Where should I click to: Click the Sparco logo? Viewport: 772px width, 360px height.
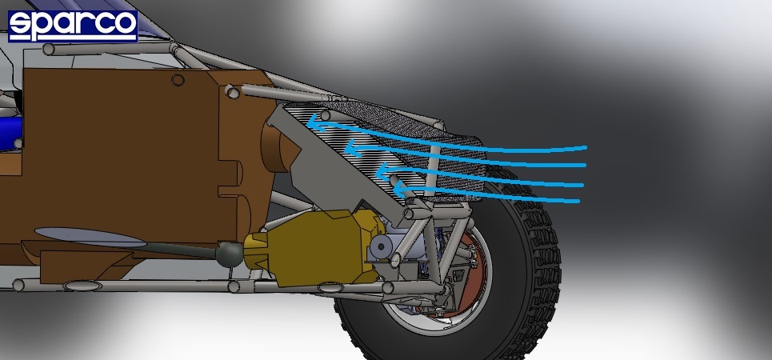[73, 26]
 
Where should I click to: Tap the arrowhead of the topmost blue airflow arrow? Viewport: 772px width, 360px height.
[314, 121]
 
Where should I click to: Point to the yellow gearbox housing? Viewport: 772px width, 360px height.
[313, 246]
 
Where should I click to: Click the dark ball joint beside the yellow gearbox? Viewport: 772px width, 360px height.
[230, 254]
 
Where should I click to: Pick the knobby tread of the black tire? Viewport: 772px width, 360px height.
[542, 256]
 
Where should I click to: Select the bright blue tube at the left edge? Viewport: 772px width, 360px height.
[10, 131]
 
